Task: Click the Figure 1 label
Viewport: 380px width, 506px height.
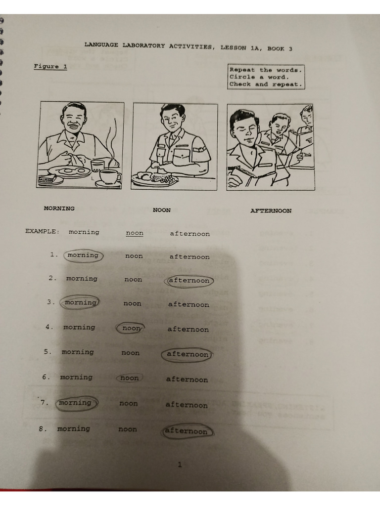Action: tap(50, 67)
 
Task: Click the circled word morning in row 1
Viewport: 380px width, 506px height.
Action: tap(83, 255)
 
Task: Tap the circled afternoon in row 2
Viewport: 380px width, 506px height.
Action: tap(189, 281)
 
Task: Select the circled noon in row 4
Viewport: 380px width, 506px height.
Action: tap(131, 328)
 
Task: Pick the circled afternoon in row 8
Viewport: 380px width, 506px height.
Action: tap(187, 431)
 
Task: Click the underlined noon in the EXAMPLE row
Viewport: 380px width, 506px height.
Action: tap(135, 233)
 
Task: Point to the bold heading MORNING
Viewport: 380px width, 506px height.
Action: tap(59, 209)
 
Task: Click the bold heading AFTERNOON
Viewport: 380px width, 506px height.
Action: tap(271, 211)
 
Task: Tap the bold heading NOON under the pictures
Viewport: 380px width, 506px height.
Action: tap(161, 210)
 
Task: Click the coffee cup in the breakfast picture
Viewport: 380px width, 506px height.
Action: tap(109, 176)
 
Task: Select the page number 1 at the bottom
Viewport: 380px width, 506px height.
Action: tap(179, 464)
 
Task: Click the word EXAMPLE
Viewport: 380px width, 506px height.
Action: tap(42, 231)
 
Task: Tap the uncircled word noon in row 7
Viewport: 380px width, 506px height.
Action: tap(129, 403)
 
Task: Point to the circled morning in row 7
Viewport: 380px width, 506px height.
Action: tap(75, 403)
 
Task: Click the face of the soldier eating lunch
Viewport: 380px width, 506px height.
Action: tap(172, 119)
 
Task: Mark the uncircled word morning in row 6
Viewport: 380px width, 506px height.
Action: tap(76, 378)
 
